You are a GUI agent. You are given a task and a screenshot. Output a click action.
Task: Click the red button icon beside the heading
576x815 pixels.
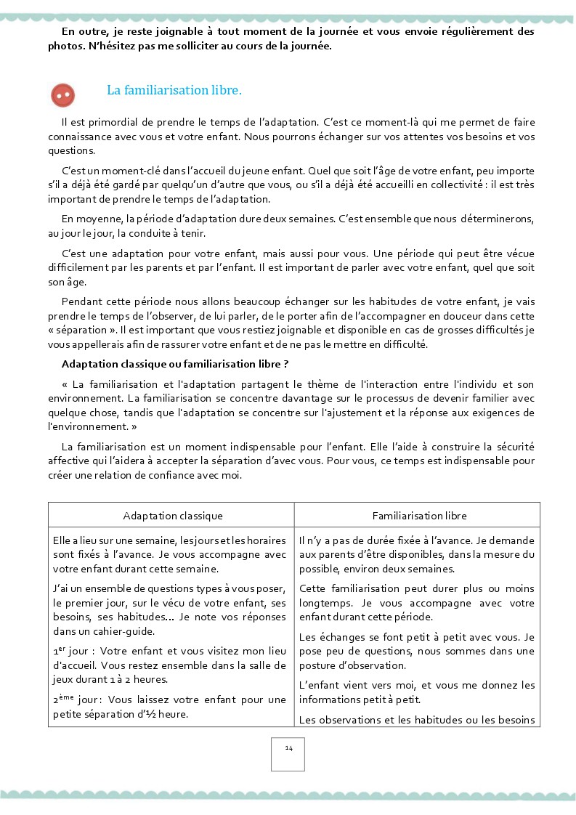pyautogui.click(x=63, y=94)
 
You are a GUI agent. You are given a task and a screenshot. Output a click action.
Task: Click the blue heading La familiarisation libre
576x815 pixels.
pyautogui.click(x=174, y=91)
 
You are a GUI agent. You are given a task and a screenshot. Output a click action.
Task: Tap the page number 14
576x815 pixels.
pyautogui.click(x=288, y=749)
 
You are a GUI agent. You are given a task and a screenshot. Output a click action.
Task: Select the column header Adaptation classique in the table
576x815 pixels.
pyautogui.click(x=172, y=516)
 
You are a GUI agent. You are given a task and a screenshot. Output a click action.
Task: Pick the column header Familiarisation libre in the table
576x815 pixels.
pyautogui.click(x=419, y=516)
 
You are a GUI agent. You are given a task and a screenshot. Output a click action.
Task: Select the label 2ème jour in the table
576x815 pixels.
pyautogui.click(x=73, y=700)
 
